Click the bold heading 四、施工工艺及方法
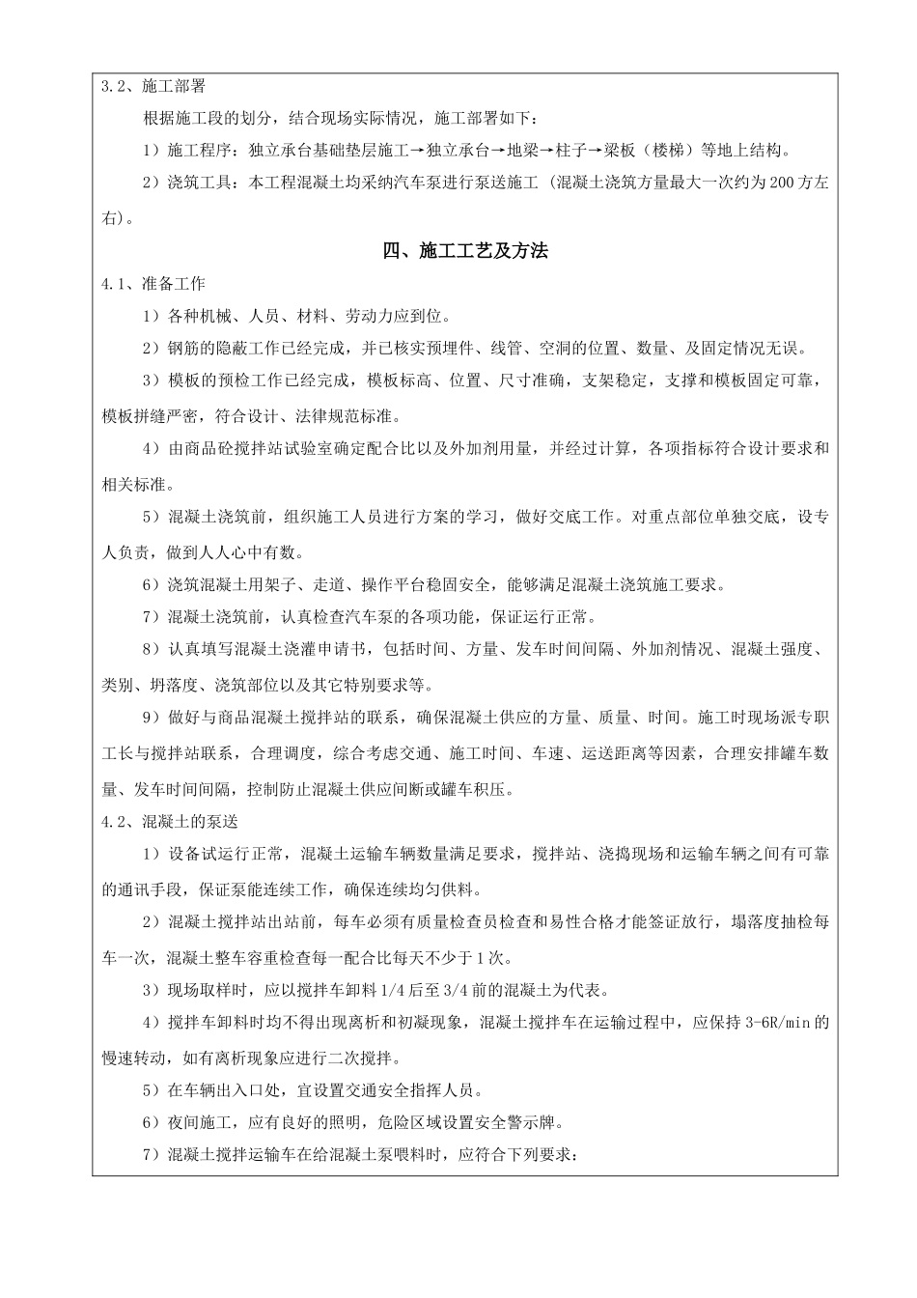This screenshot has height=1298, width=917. (x=465, y=251)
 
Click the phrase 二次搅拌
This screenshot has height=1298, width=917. (x=366, y=1056)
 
